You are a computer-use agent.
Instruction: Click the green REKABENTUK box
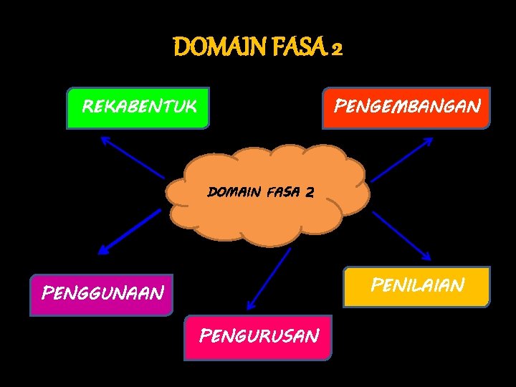pyautogui.click(x=138, y=107)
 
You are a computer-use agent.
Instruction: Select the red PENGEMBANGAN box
pyautogui.click(x=406, y=107)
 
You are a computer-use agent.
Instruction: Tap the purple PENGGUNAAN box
pyautogui.click(x=101, y=294)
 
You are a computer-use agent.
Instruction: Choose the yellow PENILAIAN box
pyautogui.click(x=416, y=286)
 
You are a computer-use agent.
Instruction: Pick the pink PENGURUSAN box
pyautogui.click(x=258, y=336)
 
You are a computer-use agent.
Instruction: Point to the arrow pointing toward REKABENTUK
pyautogui.click(x=133, y=157)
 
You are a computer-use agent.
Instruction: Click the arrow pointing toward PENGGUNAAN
pyautogui.click(x=130, y=231)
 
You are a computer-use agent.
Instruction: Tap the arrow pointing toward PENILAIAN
pyautogui.click(x=401, y=235)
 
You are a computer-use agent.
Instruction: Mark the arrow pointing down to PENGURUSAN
pyautogui.click(x=269, y=279)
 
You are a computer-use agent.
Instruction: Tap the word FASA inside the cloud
pyautogui.click(x=282, y=192)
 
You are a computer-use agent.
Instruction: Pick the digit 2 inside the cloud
pyautogui.click(x=309, y=192)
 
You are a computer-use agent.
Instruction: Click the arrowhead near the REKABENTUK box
pyautogui.click(x=105, y=139)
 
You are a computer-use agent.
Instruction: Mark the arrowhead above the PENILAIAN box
pyautogui.click(x=426, y=257)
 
